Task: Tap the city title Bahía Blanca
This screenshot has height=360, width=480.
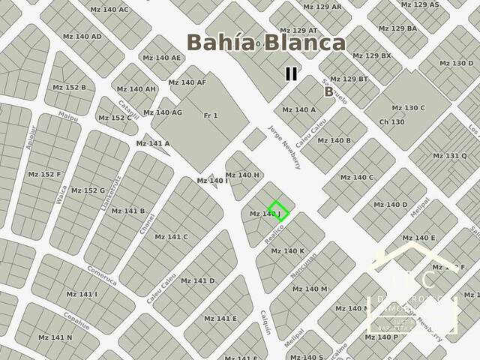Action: (x=266, y=42)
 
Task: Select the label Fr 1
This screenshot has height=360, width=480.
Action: (x=211, y=115)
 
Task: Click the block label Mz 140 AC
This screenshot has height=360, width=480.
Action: (x=109, y=10)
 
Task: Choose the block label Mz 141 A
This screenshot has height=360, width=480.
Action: (x=152, y=143)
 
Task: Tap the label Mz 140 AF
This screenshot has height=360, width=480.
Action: (x=187, y=82)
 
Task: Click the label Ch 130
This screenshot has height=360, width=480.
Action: (x=392, y=121)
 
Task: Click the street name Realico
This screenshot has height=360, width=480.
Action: (x=277, y=229)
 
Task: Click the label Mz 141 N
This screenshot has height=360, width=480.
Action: (x=55, y=337)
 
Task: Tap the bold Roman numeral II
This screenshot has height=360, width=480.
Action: (x=291, y=73)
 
